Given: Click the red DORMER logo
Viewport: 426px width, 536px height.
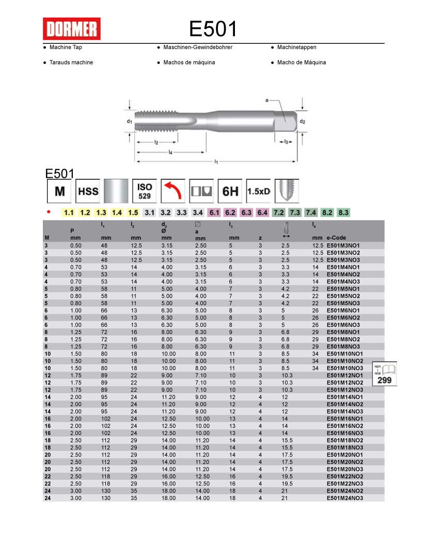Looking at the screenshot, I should coord(71,29).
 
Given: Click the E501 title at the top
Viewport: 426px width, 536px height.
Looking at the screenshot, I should coord(213,29).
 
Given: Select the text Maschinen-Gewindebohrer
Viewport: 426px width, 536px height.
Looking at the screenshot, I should coord(198,47).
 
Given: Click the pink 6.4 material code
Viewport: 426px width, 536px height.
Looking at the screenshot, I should coord(262,212).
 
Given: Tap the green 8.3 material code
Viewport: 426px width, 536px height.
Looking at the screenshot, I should coord(343,212).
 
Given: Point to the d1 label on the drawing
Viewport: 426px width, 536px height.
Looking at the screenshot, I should coord(130,122).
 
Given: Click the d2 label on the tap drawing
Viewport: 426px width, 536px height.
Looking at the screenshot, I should coord(303,122).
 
